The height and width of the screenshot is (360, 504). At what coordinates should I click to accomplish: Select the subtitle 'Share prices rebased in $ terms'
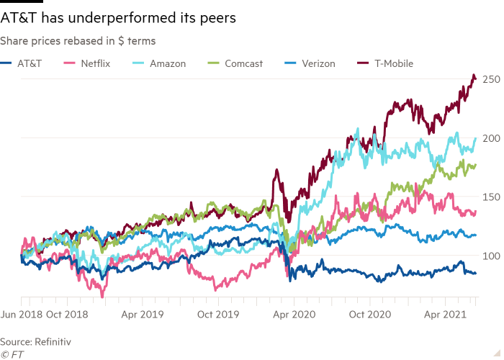tap(78, 41)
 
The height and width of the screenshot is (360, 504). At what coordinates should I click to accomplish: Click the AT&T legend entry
tap(27, 63)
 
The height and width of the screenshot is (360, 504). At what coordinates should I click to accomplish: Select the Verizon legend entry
tap(315, 63)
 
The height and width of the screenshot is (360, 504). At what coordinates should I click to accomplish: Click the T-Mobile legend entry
tap(392, 63)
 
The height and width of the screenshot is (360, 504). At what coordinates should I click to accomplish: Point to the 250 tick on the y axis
tap(490, 79)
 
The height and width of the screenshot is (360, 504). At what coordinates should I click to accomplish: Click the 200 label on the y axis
tap(490, 138)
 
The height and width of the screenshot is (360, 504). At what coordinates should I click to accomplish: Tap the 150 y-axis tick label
tap(490, 197)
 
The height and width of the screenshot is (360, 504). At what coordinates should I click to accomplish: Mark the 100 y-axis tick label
tap(490, 256)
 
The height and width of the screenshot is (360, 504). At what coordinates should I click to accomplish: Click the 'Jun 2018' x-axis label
tap(22, 314)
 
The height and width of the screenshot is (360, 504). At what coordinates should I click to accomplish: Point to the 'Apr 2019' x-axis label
tap(143, 314)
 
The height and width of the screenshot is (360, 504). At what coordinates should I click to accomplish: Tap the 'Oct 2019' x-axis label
tap(218, 314)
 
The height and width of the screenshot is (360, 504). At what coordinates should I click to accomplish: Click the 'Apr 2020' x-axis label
tap(293, 314)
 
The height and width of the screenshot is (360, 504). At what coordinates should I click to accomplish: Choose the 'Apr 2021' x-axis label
tap(442, 314)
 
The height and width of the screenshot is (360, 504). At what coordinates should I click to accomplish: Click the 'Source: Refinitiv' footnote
tap(35, 340)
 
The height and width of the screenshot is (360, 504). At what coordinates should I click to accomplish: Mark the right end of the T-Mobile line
tap(475, 79)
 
